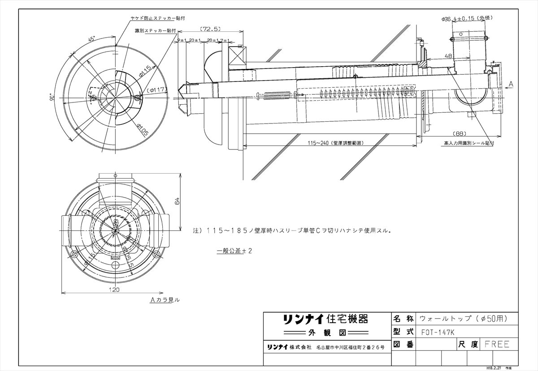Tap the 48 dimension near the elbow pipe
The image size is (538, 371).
pos(448,56)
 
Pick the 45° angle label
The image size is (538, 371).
pos(91,39)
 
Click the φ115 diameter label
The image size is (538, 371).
pos(144,70)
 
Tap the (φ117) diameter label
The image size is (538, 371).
pos(157,90)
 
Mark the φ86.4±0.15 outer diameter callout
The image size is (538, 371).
pos(466,19)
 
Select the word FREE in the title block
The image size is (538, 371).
pos(497,344)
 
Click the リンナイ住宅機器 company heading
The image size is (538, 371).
pos(325,320)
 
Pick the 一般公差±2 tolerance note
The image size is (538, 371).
pos(234,251)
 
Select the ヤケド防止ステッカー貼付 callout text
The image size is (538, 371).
pos(157,18)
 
